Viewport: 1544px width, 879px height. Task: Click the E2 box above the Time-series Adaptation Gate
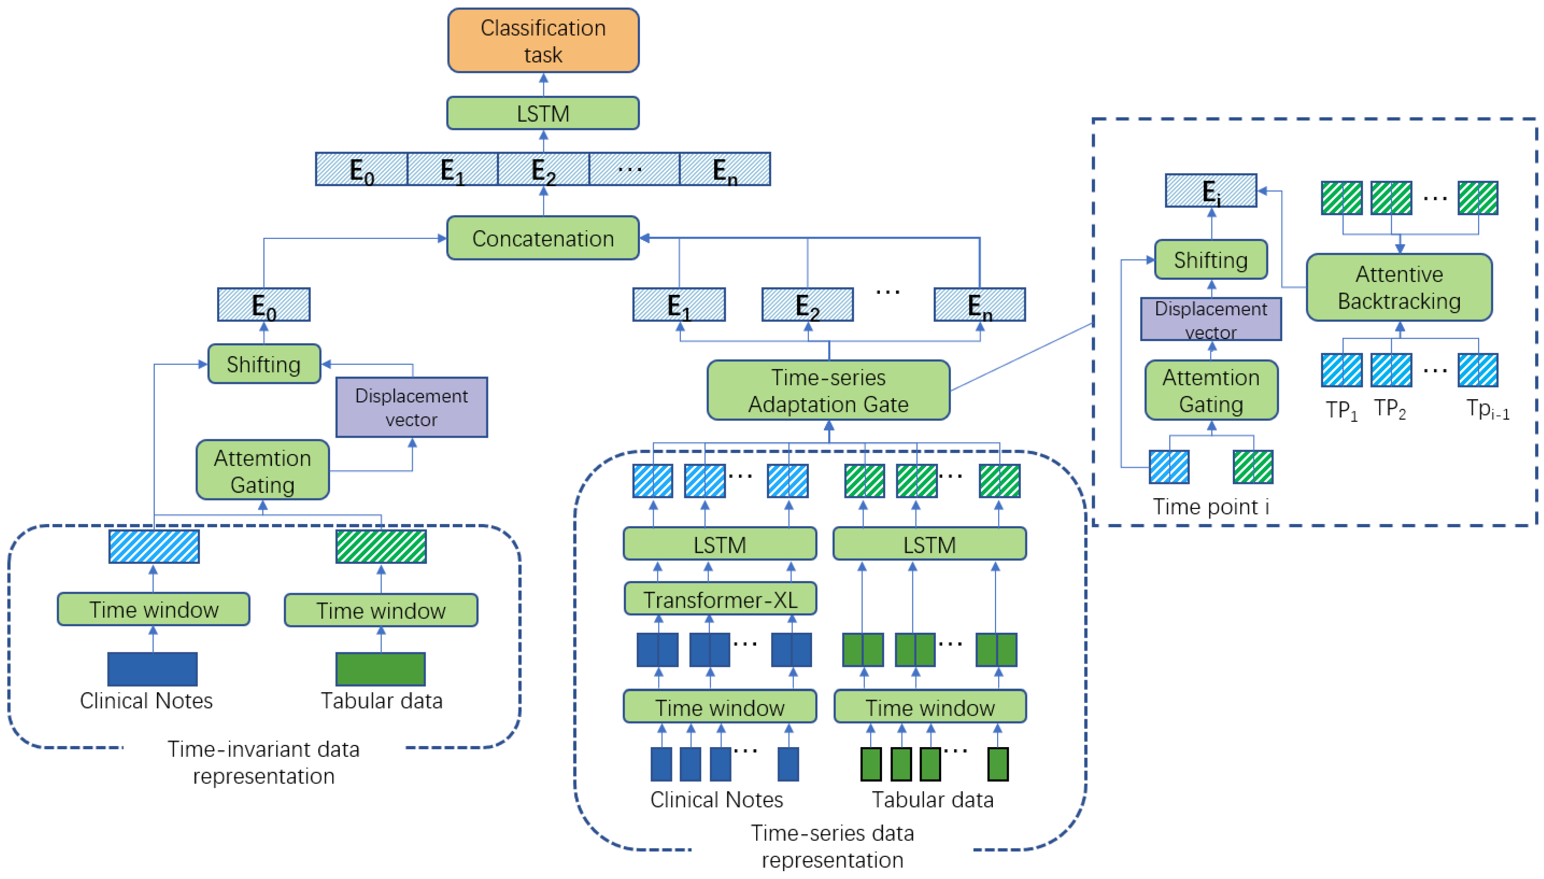pos(807,305)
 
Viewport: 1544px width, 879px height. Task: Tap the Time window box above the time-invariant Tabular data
pos(381,610)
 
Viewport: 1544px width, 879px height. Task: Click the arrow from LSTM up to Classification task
pos(543,84)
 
